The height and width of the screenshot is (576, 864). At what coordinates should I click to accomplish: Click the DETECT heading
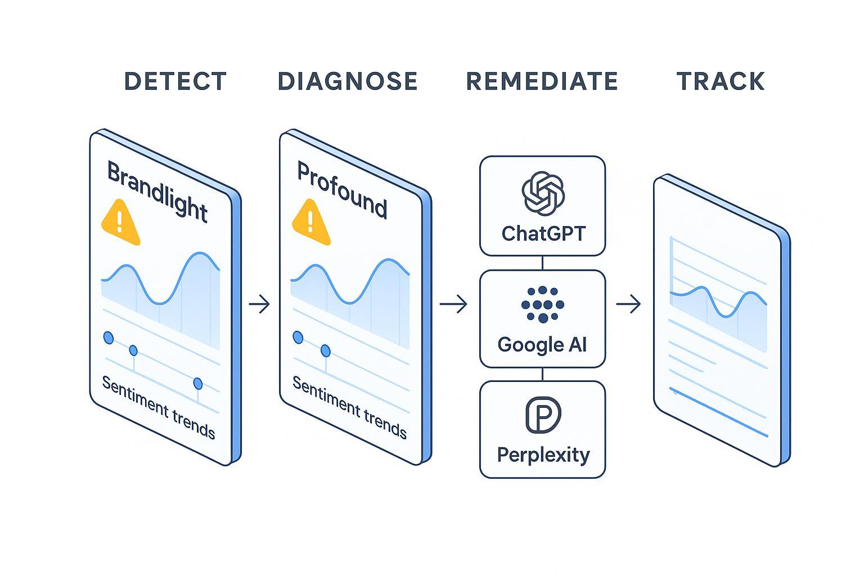[175, 82]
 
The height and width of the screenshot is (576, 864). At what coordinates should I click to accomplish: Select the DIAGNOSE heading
[348, 82]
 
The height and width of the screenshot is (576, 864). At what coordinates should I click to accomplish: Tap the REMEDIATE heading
[542, 82]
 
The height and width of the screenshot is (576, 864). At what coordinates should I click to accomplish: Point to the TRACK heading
[721, 82]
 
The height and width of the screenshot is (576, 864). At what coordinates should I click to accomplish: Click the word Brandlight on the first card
[157, 192]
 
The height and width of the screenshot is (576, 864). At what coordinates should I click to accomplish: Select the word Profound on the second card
[342, 191]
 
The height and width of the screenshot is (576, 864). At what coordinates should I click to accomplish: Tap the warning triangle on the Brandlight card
[120, 223]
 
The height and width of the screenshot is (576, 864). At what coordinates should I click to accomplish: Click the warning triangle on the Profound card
[310, 223]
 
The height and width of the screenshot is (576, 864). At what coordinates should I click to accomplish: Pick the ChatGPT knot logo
[543, 193]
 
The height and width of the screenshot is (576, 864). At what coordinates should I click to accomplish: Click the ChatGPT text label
[543, 233]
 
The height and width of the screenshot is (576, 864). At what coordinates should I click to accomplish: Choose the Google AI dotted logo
[542, 304]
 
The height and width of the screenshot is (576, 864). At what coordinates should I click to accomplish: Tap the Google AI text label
[542, 344]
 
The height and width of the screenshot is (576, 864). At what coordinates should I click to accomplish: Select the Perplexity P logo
[543, 415]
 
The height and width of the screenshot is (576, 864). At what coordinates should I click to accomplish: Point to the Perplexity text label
[543, 454]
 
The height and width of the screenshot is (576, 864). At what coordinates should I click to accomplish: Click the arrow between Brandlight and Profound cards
[259, 304]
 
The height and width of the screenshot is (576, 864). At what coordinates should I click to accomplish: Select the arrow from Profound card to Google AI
[453, 304]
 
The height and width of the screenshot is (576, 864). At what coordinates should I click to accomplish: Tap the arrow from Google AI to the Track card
[628, 304]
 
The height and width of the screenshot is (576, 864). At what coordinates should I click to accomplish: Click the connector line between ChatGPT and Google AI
[542, 263]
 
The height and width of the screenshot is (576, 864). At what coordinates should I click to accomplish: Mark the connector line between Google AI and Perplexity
[542, 374]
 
